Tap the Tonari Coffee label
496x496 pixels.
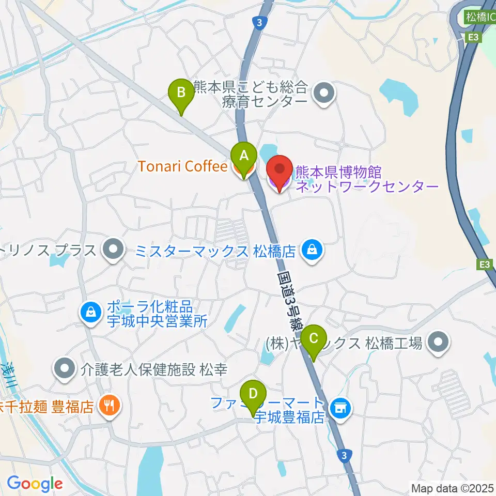(182, 166)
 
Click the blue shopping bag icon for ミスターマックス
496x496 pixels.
(312, 251)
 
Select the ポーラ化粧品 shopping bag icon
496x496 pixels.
(91, 312)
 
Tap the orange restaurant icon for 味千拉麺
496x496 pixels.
(110, 405)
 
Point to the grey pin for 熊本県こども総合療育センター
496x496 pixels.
(325, 94)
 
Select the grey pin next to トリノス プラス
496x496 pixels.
(111, 250)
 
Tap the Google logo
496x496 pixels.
(35, 484)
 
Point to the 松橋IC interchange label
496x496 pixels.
(479, 17)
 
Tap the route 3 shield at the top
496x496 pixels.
(258, 22)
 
